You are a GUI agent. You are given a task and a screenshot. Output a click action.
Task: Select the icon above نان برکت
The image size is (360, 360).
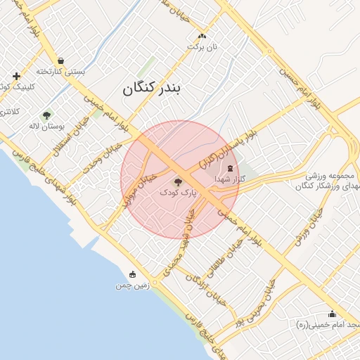202,36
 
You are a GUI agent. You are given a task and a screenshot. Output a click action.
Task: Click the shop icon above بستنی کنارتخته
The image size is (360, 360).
61,61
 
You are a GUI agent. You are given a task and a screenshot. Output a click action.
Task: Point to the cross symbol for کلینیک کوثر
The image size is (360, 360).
16,75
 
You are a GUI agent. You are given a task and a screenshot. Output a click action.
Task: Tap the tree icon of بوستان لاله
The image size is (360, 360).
47,115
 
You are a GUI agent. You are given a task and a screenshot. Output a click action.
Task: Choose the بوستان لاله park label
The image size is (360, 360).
46,126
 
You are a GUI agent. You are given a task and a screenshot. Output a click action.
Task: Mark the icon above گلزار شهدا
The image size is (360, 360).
232,168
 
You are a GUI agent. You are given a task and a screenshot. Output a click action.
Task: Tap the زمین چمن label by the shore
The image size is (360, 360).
132,286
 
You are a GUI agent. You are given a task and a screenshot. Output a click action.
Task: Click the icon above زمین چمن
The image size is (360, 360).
133,275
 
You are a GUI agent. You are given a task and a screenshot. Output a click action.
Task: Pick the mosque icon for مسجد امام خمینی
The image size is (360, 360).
332,314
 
